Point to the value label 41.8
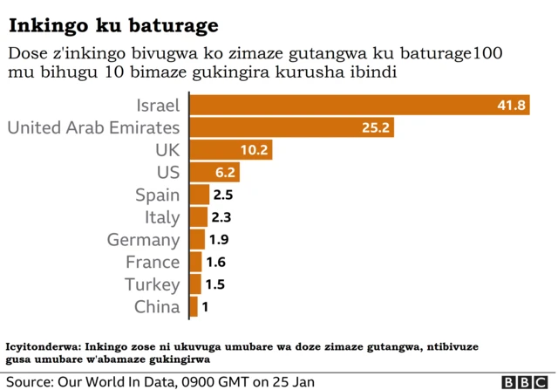(512, 106)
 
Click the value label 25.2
(377, 128)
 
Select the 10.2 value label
(254, 150)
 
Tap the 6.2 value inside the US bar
(225, 173)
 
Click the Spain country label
(157, 195)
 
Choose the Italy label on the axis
(162, 217)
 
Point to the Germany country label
(143, 240)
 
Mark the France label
(153, 262)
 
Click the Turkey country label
(152, 284)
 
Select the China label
(157, 307)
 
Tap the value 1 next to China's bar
(205, 307)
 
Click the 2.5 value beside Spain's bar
(222, 195)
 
